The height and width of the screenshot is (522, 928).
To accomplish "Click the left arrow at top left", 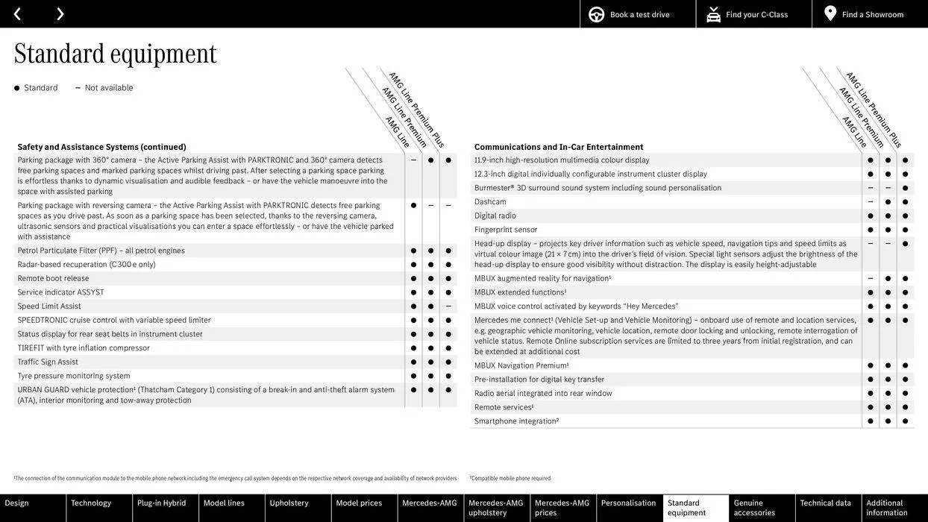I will coord(17,14).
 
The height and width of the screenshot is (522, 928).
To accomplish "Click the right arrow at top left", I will coord(60,14).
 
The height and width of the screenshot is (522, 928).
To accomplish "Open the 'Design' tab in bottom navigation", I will coord(17,503).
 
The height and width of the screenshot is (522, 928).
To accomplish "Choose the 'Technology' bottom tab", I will coord(91,503).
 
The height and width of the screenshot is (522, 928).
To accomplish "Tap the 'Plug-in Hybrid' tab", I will coord(161,503).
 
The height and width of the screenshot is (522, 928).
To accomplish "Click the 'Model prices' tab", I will coord(359,503).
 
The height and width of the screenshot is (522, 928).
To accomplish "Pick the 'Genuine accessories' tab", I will coord(754,508).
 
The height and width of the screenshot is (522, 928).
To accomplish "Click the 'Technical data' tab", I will coord(825,503).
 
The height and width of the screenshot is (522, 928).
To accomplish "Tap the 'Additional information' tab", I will coord(887,508).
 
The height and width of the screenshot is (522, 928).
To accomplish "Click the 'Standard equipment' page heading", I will coord(115,53).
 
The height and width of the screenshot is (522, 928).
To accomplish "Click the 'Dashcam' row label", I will coord(490,202).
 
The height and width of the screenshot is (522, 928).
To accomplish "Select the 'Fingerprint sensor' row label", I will coord(506,230).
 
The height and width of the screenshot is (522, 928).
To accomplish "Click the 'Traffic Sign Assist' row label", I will coord(48,362).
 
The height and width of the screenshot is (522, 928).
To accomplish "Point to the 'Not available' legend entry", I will coord(108,88).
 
